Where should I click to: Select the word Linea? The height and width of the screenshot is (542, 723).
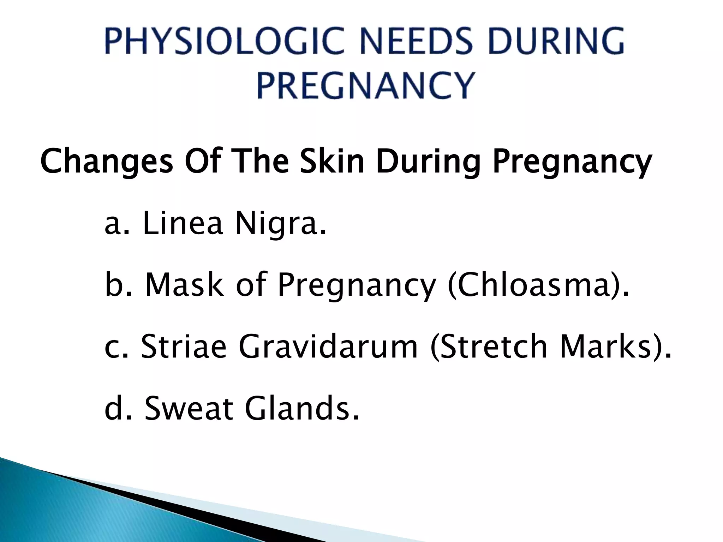point(183,224)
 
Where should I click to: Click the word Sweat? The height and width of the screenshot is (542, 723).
point(189,408)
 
